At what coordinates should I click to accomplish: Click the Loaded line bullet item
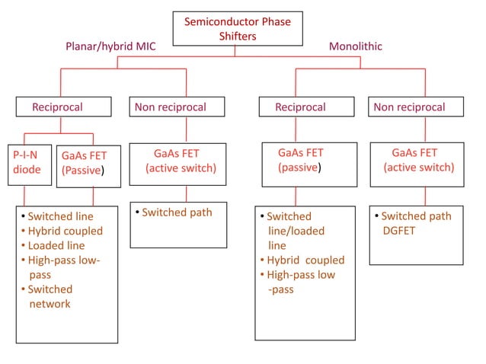pos(56,245)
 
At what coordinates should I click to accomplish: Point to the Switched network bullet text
pos(50,296)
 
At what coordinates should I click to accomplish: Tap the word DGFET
pos(399,231)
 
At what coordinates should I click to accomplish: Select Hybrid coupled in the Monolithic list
pos(305,260)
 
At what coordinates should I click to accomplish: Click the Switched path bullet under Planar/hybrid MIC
pos(176,212)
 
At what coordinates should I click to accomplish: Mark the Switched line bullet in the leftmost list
pos(60,216)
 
